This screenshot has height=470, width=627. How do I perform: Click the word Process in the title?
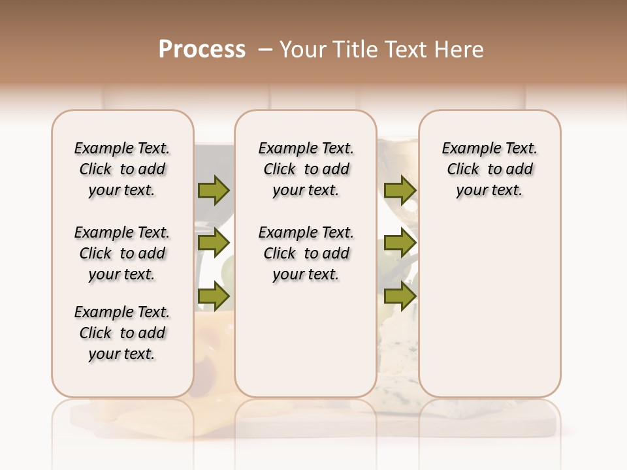pos(202,49)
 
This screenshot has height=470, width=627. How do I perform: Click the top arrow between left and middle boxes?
pos(214,190)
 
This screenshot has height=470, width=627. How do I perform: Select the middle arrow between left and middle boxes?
pos(214,243)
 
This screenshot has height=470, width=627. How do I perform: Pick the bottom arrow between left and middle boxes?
pos(214,296)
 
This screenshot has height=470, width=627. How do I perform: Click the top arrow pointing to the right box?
pos(400,190)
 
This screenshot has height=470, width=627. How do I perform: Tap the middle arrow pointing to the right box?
pos(400,243)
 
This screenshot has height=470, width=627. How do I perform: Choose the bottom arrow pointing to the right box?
pos(400,296)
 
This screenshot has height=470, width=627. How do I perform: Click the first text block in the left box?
pos(122,169)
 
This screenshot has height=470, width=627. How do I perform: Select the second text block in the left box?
pos(122,253)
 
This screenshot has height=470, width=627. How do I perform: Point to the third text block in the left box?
pos(122,333)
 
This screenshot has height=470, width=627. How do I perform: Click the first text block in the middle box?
pos(306,169)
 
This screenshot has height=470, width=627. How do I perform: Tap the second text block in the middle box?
pos(306,253)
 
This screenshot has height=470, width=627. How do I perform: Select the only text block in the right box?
pos(490,169)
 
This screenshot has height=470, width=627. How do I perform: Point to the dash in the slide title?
pos(265,49)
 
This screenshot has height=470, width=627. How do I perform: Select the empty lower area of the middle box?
pos(306,339)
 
